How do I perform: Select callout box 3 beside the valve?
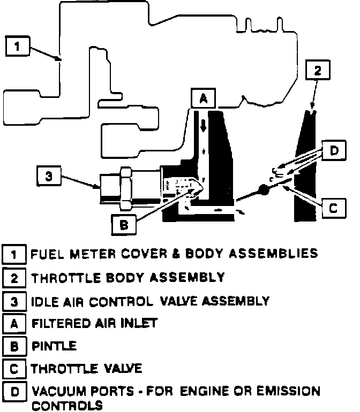point(49,177)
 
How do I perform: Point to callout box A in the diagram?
point(203,98)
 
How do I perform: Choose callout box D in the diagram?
point(333,151)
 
